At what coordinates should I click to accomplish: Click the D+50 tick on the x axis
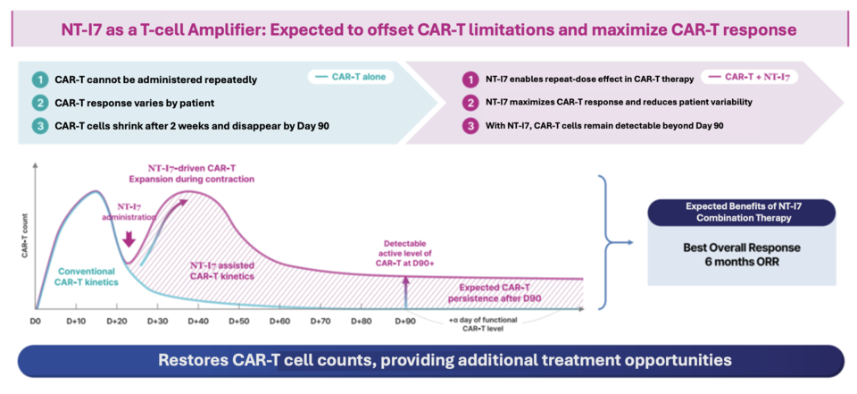coord(238,320)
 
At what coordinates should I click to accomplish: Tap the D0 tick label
coord(37,320)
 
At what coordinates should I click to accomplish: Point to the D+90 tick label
coord(405,320)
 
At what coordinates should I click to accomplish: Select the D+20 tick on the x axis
coord(117,320)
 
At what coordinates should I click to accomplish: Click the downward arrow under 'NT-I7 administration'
coord(129,239)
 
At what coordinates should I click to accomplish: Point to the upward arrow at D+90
coord(405,290)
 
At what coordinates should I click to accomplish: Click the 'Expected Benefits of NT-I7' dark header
coord(743,212)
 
